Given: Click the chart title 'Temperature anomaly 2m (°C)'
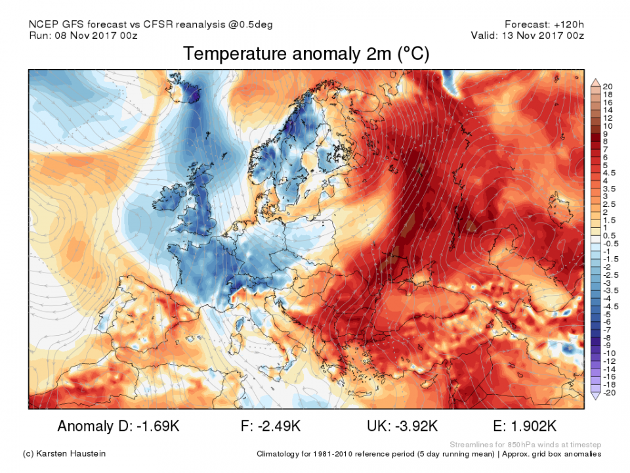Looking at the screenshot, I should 306,54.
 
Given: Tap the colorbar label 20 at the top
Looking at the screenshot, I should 607,87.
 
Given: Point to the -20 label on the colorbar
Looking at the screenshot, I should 608,392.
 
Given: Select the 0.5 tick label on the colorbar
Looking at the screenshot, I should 609,235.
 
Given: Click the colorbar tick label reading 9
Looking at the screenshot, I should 605,133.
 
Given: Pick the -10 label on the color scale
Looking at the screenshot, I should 608,353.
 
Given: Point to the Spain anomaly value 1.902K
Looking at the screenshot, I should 539,426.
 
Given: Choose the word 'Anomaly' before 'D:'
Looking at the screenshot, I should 84,426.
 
